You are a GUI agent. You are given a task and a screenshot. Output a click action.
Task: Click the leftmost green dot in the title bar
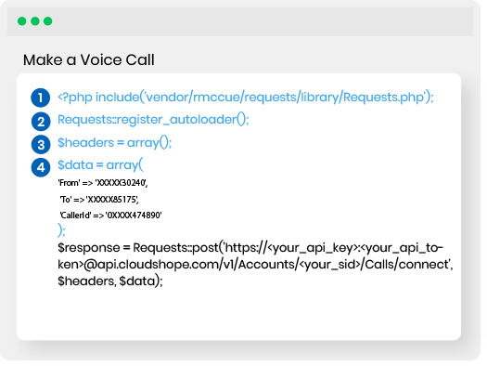[21, 20]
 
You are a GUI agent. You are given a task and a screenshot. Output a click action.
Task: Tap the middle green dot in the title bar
[34, 20]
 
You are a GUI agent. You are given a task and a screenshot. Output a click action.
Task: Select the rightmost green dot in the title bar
[47, 20]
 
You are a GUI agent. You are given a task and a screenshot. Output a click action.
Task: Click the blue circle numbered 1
[40, 97]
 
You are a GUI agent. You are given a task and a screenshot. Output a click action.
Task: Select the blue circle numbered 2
[40, 121]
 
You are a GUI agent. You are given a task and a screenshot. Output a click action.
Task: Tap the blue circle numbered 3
[40, 144]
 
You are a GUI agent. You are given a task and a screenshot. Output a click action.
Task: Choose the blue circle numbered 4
[40, 167]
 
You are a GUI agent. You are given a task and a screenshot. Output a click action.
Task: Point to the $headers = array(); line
[115, 144]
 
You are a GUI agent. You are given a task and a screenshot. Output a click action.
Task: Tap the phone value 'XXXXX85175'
[115, 199]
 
